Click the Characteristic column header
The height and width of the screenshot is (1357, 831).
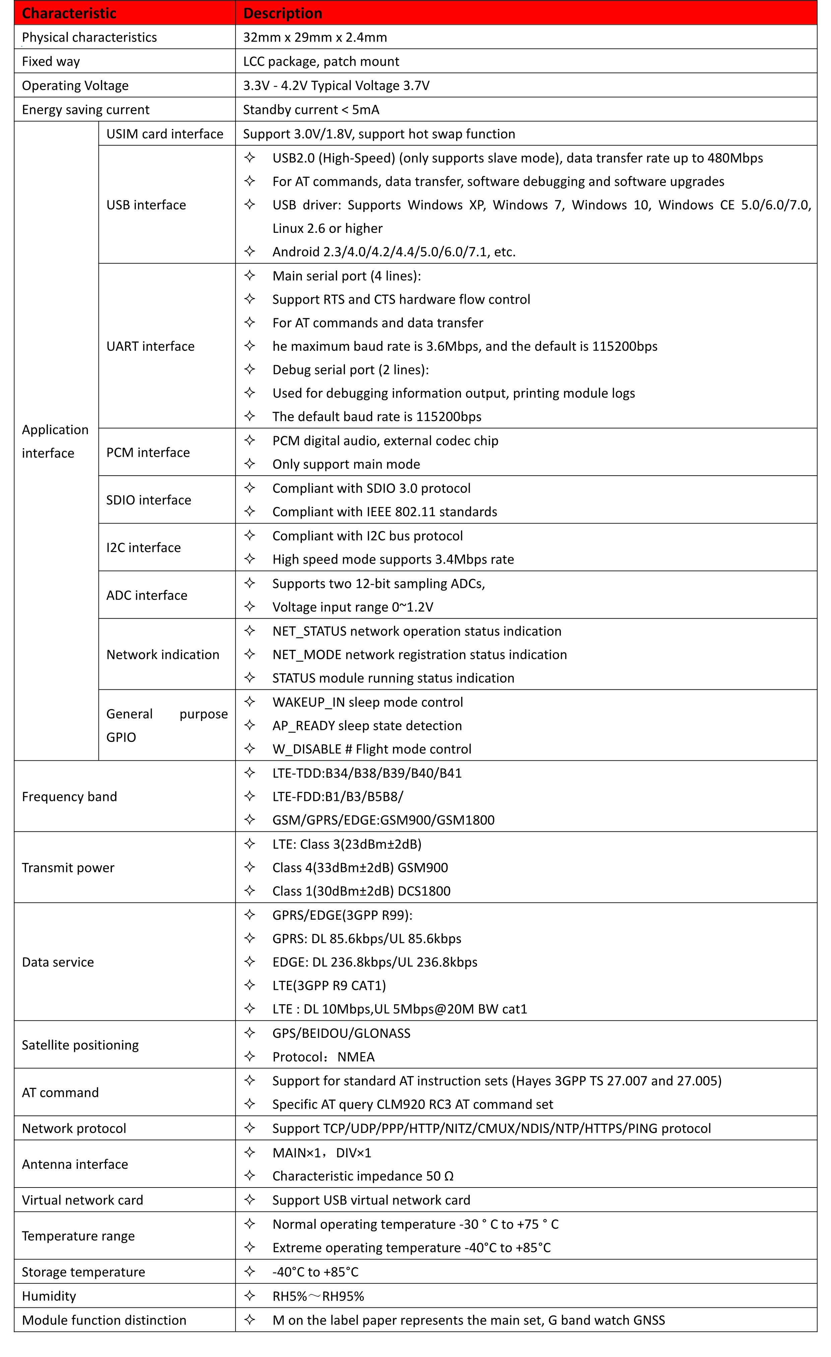pos(69,13)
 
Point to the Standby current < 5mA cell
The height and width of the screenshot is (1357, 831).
pos(311,110)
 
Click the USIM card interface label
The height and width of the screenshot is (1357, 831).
pos(165,134)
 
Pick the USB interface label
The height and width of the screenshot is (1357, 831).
pos(146,205)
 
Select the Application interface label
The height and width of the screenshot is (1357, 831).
pos(55,441)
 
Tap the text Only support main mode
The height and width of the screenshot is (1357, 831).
pos(346,464)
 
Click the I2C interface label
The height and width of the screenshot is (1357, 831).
pos(143,547)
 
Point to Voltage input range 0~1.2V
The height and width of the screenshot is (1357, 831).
pos(353,607)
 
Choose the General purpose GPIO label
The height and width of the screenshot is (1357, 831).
pos(167,725)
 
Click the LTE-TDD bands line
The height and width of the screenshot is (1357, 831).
pos(367,773)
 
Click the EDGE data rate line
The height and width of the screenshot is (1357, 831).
pos(375,962)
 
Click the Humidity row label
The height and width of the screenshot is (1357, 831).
pos(49,1296)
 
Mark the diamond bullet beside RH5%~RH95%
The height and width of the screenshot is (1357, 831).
pos(250,1295)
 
